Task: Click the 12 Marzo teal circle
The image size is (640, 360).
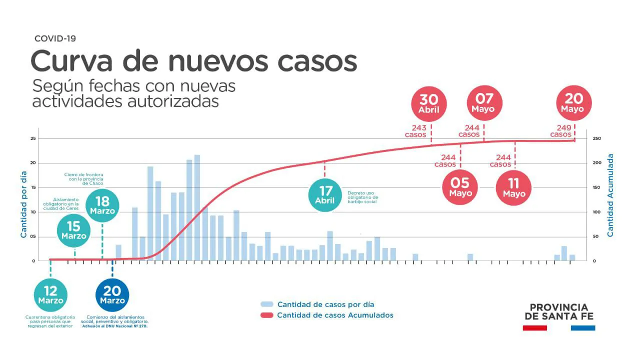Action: click(x=50, y=294)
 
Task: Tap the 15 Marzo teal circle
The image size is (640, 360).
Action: click(x=74, y=230)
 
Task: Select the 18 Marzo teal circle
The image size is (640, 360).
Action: click(x=102, y=205)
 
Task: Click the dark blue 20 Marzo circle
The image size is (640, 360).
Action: click(x=112, y=294)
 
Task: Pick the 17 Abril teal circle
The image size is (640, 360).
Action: click(x=325, y=194)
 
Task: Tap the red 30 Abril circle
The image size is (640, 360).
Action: click(x=428, y=103)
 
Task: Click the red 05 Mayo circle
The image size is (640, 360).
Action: click(x=460, y=187)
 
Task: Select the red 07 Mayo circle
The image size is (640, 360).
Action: click(x=483, y=103)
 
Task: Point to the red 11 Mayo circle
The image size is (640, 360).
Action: click(x=514, y=187)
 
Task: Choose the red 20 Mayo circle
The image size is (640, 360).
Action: click(x=574, y=103)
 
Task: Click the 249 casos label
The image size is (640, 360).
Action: click(x=561, y=131)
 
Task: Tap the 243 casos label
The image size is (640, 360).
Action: click(x=415, y=131)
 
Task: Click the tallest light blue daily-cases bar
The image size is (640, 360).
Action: click(x=197, y=207)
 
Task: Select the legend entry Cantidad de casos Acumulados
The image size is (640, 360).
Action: click(x=335, y=315)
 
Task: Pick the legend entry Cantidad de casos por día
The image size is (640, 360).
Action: click(x=325, y=304)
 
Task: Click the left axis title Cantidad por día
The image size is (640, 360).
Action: click(x=23, y=204)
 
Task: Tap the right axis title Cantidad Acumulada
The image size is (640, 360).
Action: click(x=610, y=195)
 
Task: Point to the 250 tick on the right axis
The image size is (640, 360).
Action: click(x=597, y=139)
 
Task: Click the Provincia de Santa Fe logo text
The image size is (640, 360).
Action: click(x=558, y=311)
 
